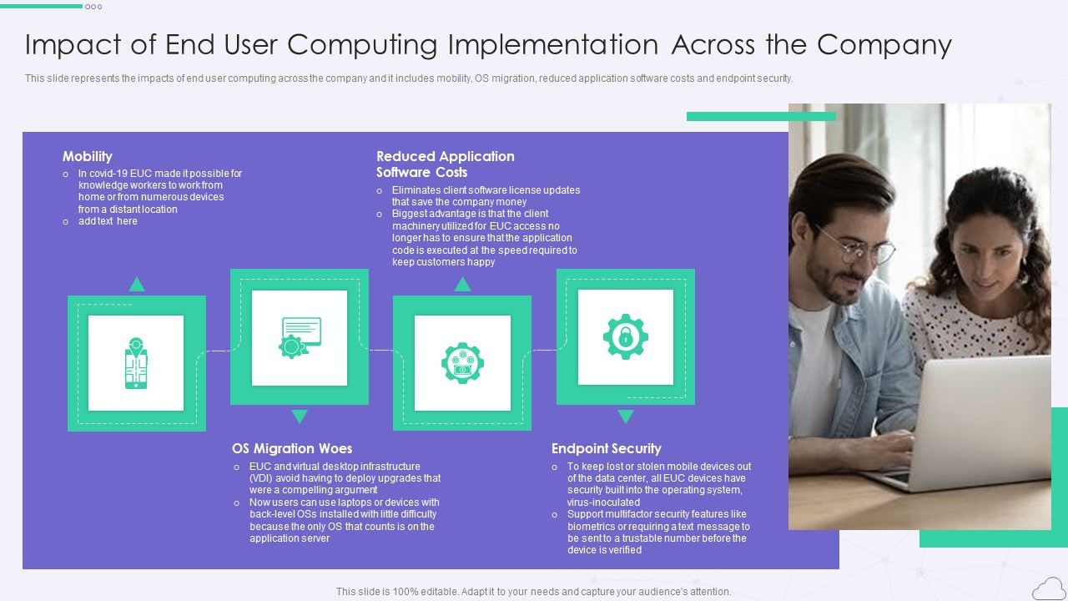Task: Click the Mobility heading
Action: pyautogui.click(x=87, y=156)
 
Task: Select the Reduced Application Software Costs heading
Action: pyautogui.click(x=445, y=164)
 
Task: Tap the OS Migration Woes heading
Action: pyautogui.click(x=292, y=448)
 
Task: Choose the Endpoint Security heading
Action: pyautogui.click(x=606, y=448)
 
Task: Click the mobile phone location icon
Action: pyautogui.click(x=136, y=363)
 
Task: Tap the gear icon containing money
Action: pyautogui.click(x=462, y=363)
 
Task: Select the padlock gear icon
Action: pyautogui.click(x=625, y=336)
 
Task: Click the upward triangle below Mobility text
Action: pyautogui.click(x=137, y=285)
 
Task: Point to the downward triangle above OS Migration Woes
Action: pyautogui.click(x=300, y=417)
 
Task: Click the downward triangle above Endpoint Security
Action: pyautogui.click(x=625, y=417)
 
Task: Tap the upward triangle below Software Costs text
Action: pyautogui.click(x=462, y=285)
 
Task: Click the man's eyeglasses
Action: pyautogui.click(x=855, y=246)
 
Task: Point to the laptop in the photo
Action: pyautogui.click(x=976, y=426)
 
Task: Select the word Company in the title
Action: pyautogui.click(x=884, y=44)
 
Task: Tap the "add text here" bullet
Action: pyautogui.click(x=108, y=221)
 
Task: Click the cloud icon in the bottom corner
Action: pyautogui.click(x=1048, y=589)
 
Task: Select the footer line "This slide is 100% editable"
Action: pyautogui.click(x=533, y=592)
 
